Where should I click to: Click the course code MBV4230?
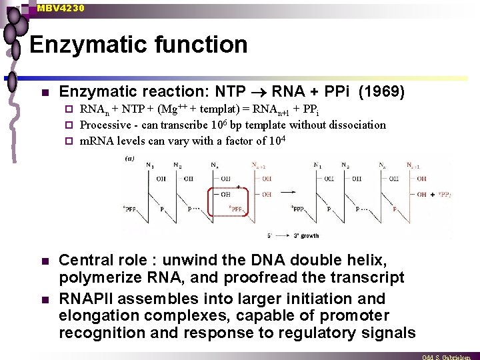(x=61, y=8)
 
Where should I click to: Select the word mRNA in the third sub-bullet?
(x=97, y=141)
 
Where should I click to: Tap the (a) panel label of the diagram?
(x=130, y=159)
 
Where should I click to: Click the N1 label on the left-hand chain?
(x=149, y=164)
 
